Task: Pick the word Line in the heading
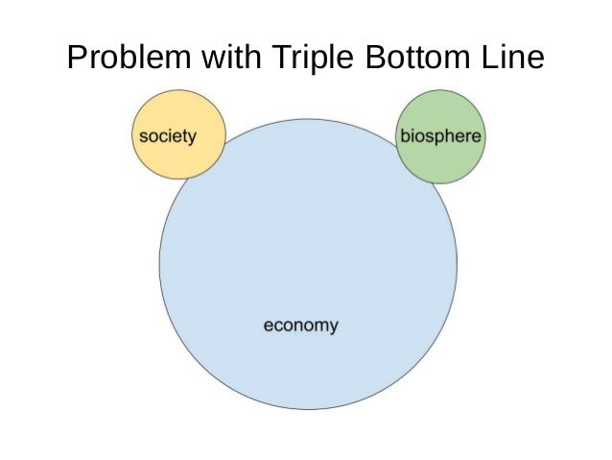[511, 60]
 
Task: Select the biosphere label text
[440, 136]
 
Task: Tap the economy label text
[300, 326]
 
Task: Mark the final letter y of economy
[333, 327]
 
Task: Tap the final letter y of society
[192, 138]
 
